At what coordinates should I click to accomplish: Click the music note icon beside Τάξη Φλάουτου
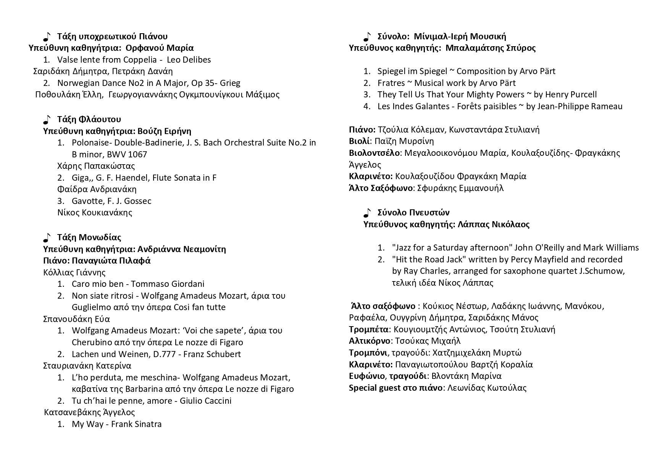[47, 120]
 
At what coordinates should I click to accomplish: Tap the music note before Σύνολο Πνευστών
[367, 213]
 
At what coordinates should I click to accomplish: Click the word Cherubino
[90, 342]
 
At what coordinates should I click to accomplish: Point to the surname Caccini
[216, 401]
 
